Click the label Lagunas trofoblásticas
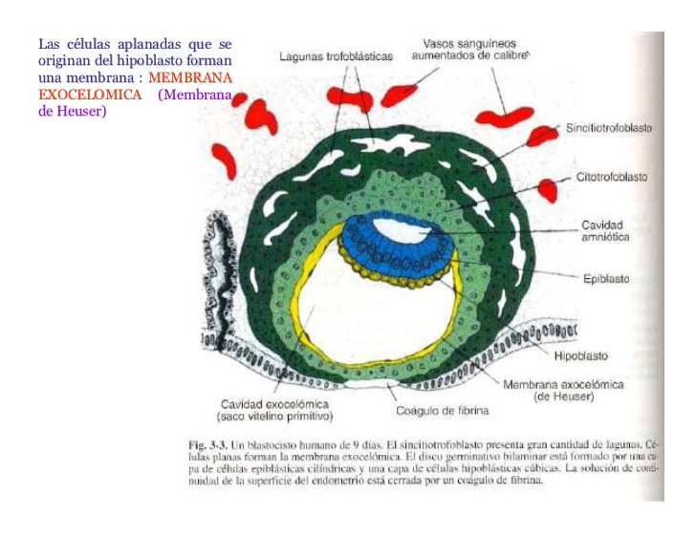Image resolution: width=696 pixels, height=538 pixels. (336, 56)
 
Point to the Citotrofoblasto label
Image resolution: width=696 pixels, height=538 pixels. (611, 178)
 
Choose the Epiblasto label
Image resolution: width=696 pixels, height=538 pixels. (607, 279)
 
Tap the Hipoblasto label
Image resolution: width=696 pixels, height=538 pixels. (581, 355)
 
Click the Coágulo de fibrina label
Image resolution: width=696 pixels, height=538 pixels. (443, 411)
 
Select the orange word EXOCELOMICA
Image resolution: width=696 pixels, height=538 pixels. (90, 95)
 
